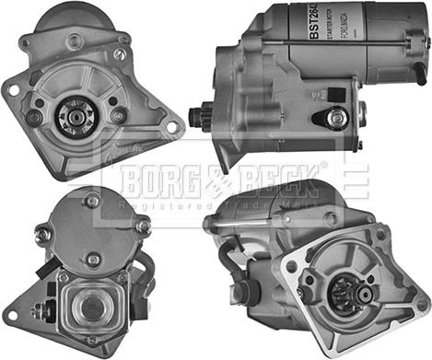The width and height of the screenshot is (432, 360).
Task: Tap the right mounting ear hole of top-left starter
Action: (169, 129)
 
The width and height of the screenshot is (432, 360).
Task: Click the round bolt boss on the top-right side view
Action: (337, 118)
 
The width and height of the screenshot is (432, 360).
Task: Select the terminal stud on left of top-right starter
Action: (195, 116)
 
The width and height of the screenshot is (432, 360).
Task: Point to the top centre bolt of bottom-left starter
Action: (92, 201)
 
